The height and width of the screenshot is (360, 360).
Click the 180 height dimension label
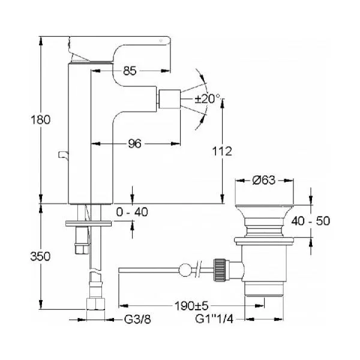pos(40,120)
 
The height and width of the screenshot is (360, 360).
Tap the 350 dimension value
pos(40,256)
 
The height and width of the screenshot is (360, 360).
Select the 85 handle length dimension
pos(130,71)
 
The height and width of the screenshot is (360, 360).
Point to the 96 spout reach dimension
pos(134,144)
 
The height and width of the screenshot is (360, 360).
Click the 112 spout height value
pos(222,151)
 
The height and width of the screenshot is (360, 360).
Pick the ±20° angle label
pos(208,99)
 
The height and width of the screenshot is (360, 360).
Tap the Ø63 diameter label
pos(263,180)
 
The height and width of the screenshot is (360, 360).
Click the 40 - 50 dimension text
pos(311,221)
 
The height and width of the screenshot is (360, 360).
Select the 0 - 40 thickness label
pos(132,212)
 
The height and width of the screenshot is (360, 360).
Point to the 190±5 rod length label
pos(191,305)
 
